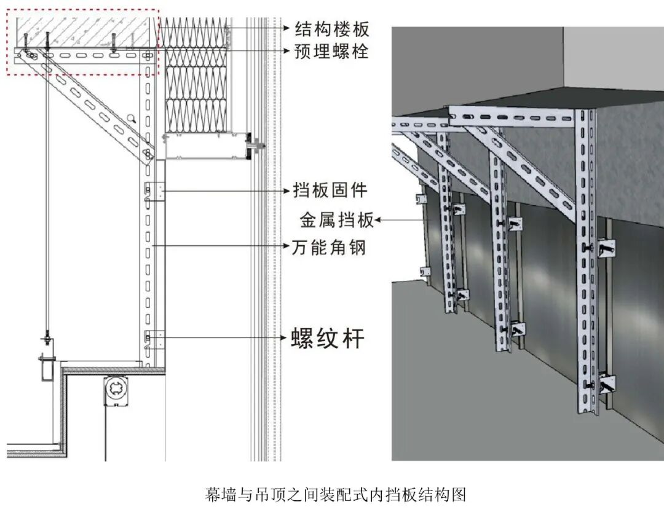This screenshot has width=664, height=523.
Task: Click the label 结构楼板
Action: (331, 28)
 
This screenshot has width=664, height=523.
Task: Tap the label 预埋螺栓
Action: (331, 51)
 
